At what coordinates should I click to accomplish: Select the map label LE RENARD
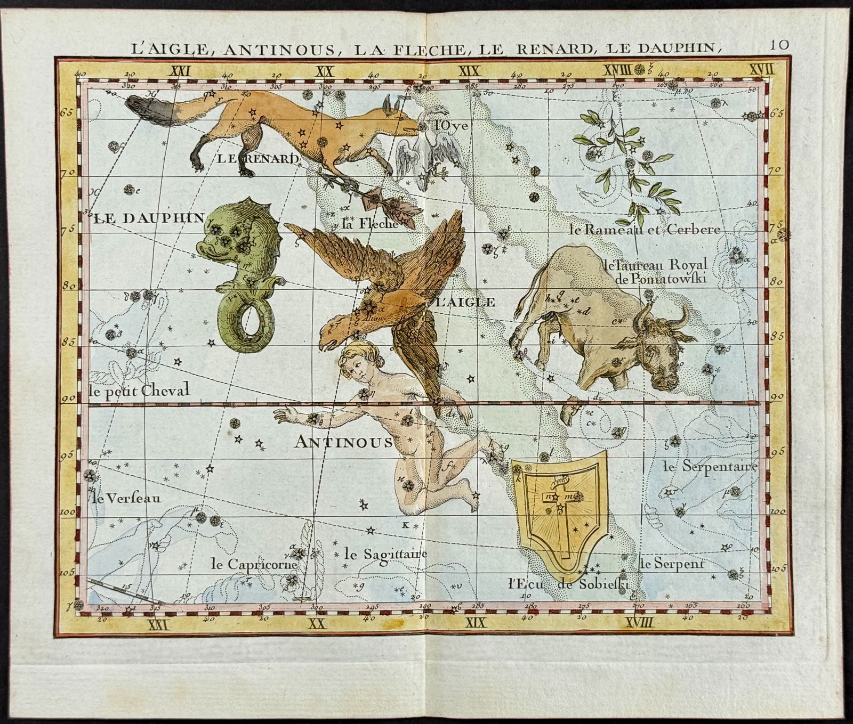click(x=257, y=158)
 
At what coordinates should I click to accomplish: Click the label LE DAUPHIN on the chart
click(x=149, y=217)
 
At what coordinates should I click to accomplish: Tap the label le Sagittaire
click(x=386, y=554)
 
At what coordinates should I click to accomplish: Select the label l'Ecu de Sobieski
click(x=568, y=583)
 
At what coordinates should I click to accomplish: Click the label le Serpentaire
click(x=709, y=467)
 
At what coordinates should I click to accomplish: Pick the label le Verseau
click(x=126, y=499)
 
